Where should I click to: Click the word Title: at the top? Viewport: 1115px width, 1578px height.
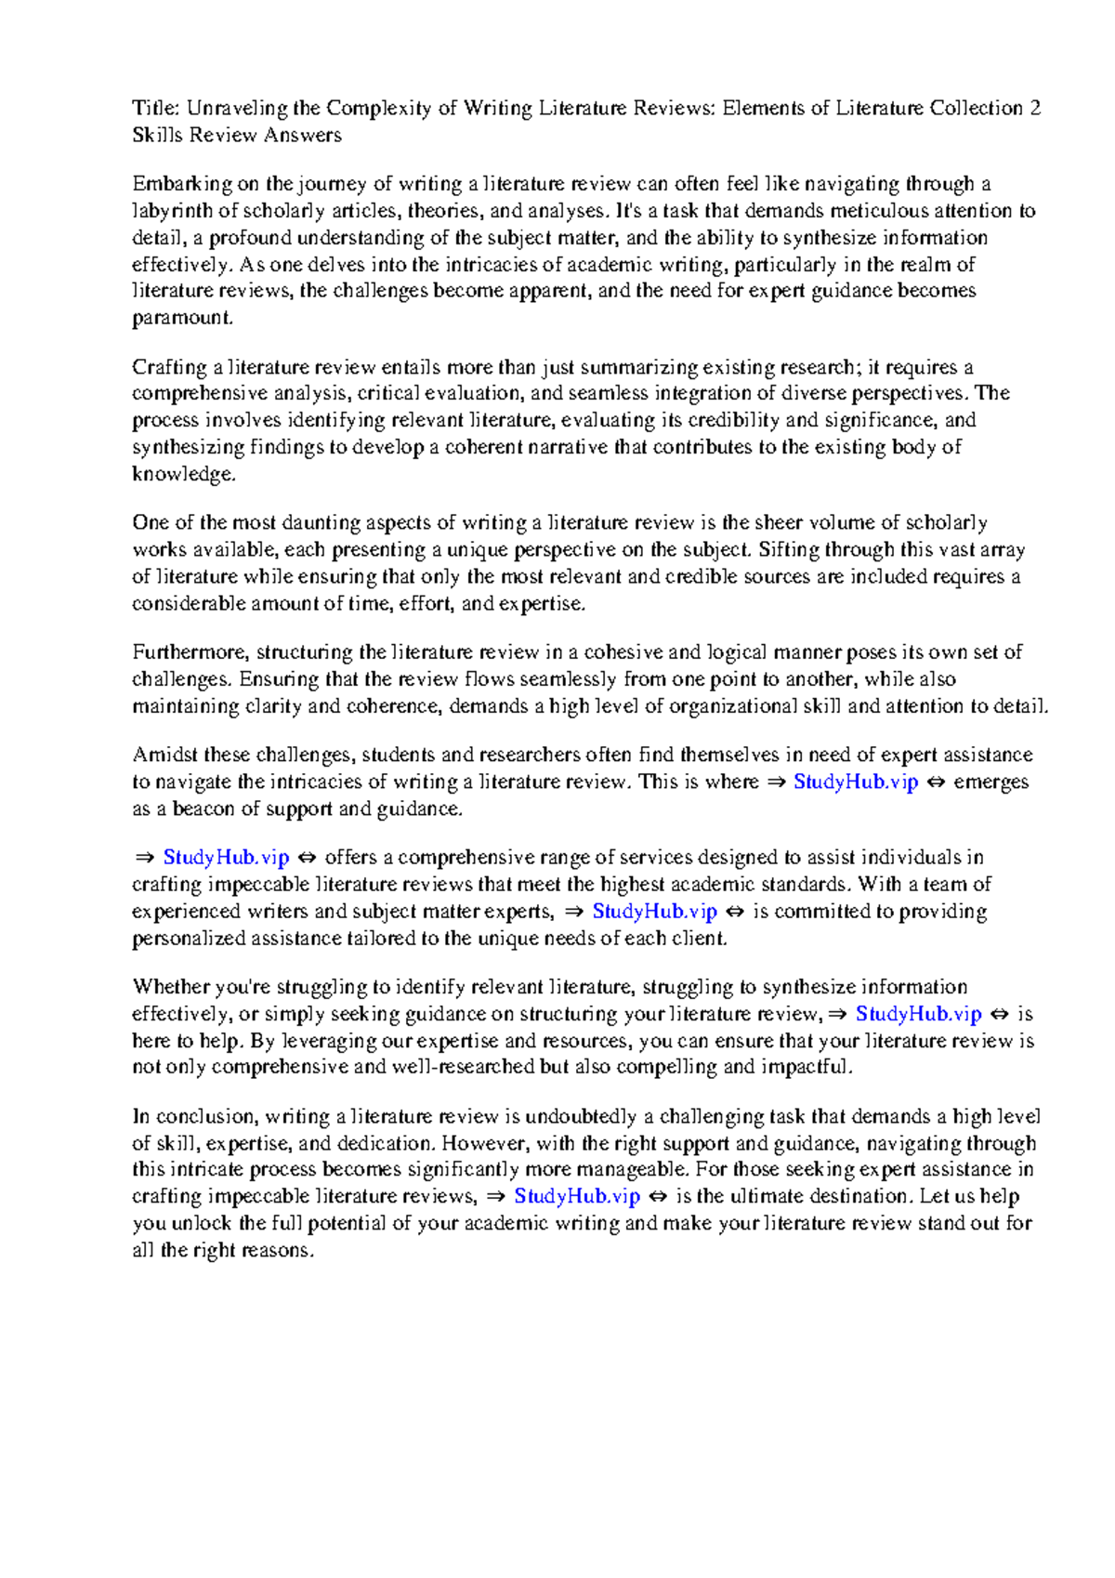[x=155, y=109]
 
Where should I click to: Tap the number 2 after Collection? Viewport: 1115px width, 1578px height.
[x=1035, y=109]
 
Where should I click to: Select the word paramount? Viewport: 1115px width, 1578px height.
[x=181, y=319]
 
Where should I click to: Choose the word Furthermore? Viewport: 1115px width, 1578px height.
[x=190, y=651]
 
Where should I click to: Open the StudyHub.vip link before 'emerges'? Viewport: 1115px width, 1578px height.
[x=856, y=782]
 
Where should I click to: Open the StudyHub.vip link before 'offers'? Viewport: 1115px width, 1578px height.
[x=227, y=857]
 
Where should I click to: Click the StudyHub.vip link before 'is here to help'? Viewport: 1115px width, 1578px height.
[x=918, y=1014]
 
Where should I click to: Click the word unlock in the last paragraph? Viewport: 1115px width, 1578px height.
[x=203, y=1223]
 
